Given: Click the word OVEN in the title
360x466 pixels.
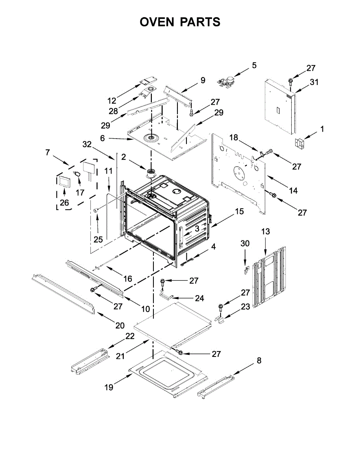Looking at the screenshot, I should coord(157,22).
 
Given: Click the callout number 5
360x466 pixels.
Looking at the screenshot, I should coord(254,65).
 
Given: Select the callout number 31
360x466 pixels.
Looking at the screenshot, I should coord(314,82).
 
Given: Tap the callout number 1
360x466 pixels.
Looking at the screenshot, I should coord(322,129).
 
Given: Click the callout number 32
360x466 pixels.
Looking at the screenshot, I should coord(87,144).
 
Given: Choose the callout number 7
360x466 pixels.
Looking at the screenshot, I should coord(48,152).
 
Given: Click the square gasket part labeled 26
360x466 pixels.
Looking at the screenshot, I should coord(64,181).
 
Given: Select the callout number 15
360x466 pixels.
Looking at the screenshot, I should coord(239,212).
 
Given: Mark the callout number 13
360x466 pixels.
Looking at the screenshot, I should coord(265,232).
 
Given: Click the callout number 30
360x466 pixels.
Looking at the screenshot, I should coord(245,243).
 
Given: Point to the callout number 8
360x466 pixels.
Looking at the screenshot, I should coord(259,361).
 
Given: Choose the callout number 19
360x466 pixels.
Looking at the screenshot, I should coord(109,388).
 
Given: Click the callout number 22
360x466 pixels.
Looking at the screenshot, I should coord(130,336).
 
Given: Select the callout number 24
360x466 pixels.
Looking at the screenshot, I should coord(199,299).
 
